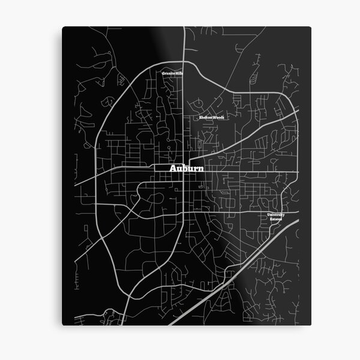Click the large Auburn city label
187,170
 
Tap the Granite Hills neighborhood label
172,73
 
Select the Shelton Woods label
211,118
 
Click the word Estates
276,219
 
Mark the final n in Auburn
200,170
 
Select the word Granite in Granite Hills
168,73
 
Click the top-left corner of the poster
62,26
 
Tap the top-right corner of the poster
310,28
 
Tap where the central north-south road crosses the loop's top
183,62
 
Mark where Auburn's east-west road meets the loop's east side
290,174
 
